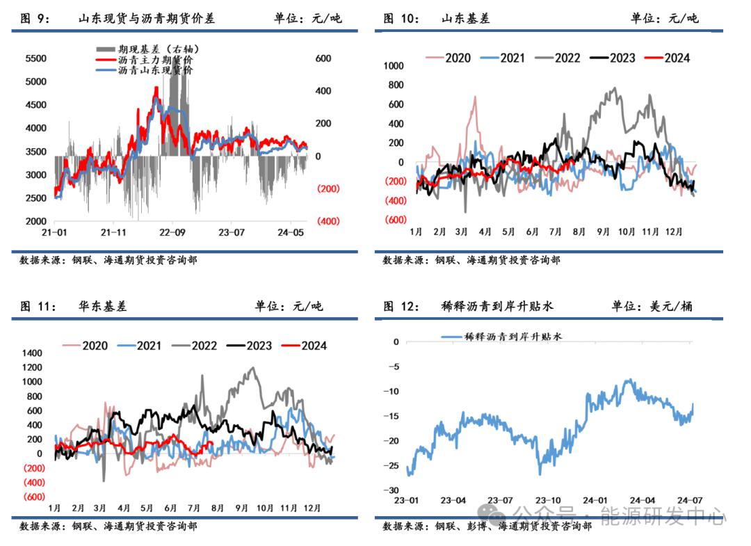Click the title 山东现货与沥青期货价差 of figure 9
[147, 19]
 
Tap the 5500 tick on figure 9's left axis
[35, 59]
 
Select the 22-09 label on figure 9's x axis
[171, 233]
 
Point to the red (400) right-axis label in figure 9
[327, 221]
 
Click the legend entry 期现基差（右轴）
[150, 48]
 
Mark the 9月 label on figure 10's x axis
[602, 231]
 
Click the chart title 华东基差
[104, 305]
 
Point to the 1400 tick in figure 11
[32, 353]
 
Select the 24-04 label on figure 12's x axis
[642, 500]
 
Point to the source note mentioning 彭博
[487, 527]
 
